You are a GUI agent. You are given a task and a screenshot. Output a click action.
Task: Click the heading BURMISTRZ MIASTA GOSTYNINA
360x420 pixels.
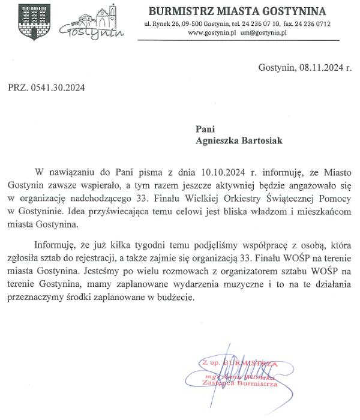point(237,11)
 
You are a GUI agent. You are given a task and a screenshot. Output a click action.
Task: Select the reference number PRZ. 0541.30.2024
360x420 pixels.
point(46,88)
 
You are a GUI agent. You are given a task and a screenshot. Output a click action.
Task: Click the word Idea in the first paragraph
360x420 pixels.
point(95,211)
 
